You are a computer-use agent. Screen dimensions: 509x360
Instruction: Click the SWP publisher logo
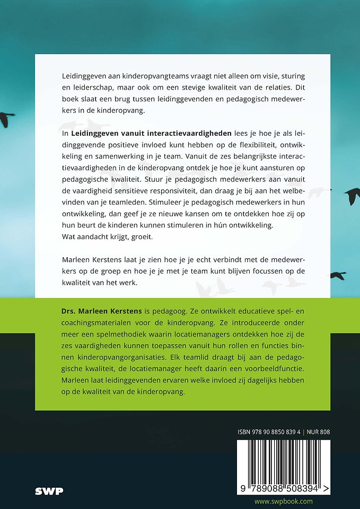49,491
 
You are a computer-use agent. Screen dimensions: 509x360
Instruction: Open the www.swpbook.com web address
283,501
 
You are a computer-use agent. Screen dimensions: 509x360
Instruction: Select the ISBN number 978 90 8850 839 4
269,432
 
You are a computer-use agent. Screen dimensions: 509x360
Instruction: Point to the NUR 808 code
319,432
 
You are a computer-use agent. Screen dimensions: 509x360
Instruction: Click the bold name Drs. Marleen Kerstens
97,314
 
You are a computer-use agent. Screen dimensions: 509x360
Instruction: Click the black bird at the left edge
7,119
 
